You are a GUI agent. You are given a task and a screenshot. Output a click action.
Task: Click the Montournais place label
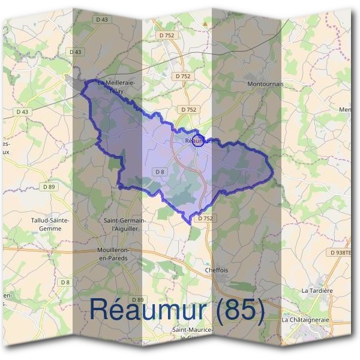click(265, 85)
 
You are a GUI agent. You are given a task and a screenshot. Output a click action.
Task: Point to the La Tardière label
click(317, 290)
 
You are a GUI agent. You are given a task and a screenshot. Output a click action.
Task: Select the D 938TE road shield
click(341, 253)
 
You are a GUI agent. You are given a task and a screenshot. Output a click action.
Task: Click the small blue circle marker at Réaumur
click(199, 141)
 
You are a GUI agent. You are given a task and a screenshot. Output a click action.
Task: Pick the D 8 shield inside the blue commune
click(160, 172)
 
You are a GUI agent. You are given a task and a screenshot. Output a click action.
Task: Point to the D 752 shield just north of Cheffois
click(205, 218)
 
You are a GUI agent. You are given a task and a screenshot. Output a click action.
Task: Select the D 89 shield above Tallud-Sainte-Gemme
click(49, 187)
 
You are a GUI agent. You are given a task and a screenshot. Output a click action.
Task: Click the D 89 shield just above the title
click(137, 299)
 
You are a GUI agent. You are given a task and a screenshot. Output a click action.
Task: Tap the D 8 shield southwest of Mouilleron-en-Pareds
click(65, 282)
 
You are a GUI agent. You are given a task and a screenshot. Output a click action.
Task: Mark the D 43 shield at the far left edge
click(22, 112)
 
